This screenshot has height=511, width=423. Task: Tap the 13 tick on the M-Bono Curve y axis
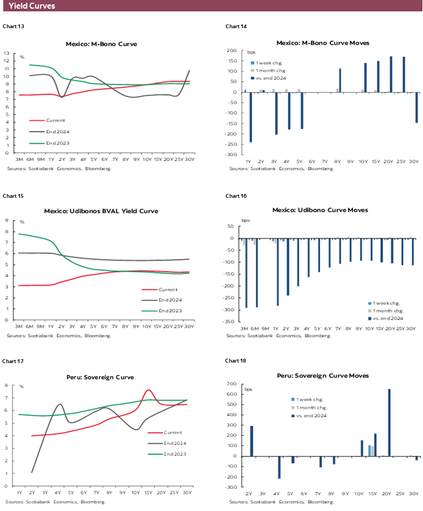[x=6, y=53]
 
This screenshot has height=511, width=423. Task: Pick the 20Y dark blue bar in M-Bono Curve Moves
[x=391, y=74]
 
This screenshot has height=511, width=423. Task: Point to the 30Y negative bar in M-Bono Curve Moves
[x=417, y=107]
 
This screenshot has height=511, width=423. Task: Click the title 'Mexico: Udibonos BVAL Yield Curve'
[x=101, y=211]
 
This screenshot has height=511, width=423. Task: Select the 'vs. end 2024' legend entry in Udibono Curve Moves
[x=388, y=319]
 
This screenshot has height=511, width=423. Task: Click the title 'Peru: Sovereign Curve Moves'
[x=323, y=376]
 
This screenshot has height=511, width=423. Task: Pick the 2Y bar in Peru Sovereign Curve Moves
[x=252, y=441]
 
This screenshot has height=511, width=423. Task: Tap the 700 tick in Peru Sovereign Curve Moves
[x=232, y=384]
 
